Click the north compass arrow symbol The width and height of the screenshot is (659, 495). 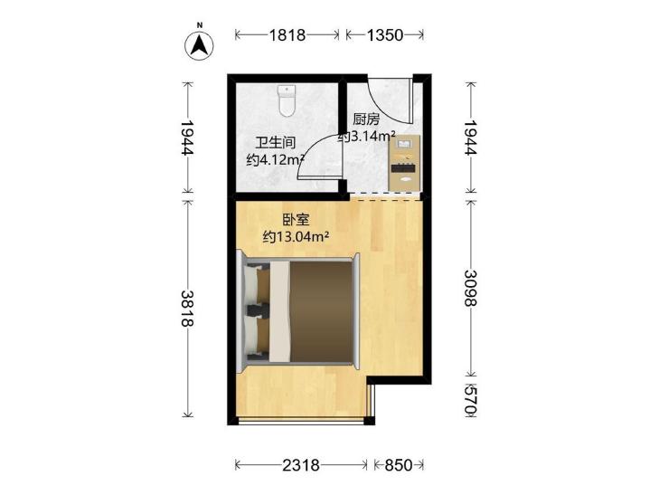199,45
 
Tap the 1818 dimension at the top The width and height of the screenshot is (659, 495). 287,35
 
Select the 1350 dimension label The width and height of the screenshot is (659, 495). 385,35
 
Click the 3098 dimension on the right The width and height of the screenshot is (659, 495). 471,289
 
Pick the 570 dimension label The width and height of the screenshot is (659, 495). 471,401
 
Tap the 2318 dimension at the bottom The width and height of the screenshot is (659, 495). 301,465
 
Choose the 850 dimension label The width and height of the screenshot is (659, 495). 399,465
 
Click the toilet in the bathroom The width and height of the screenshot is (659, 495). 287,101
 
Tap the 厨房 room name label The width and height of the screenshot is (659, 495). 366,119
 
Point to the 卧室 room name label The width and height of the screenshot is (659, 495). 296,220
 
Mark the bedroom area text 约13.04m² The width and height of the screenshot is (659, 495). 296,237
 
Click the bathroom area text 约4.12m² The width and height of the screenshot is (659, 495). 276,160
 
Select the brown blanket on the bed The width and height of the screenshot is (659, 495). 322,311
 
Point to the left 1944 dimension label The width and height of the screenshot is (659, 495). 187,138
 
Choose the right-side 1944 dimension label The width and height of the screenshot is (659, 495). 471,138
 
